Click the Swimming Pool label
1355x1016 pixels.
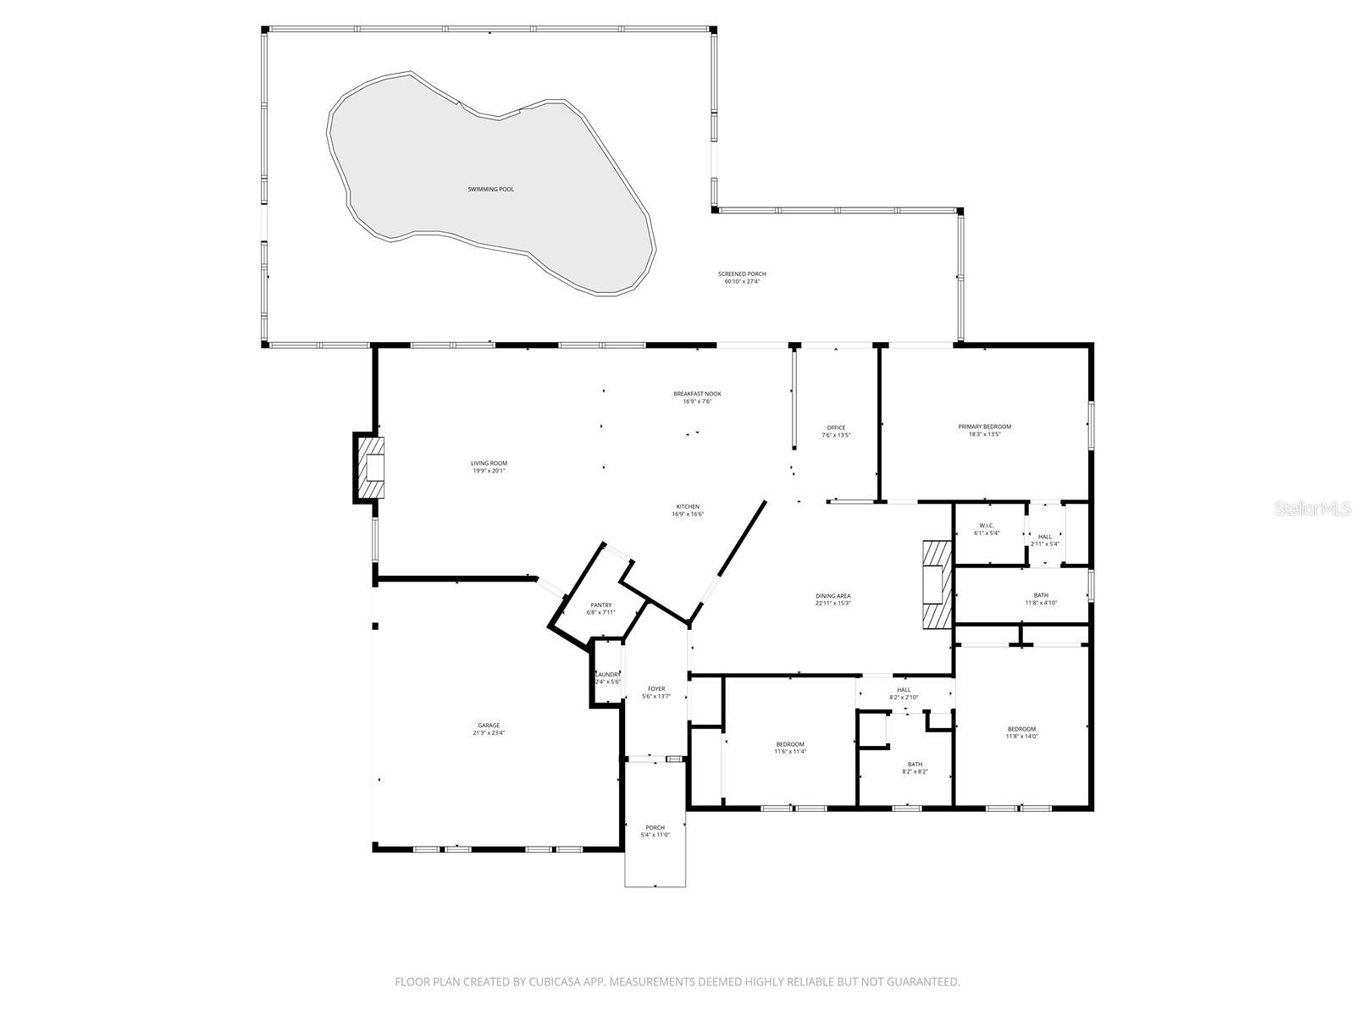(490, 189)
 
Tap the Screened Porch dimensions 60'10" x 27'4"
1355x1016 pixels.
(742, 282)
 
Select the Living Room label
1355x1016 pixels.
(489, 463)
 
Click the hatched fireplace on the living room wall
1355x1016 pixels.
(370, 468)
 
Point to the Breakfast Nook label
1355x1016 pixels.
(697, 394)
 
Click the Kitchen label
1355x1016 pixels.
(687, 506)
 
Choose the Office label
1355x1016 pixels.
(836, 428)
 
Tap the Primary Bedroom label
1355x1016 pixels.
(984, 427)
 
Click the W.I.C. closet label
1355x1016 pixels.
(987, 525)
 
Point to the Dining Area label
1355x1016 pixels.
(832, 596)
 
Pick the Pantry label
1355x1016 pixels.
(601, 605)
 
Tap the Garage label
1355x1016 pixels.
(489, 725)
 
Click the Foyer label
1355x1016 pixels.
(656, 688)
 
